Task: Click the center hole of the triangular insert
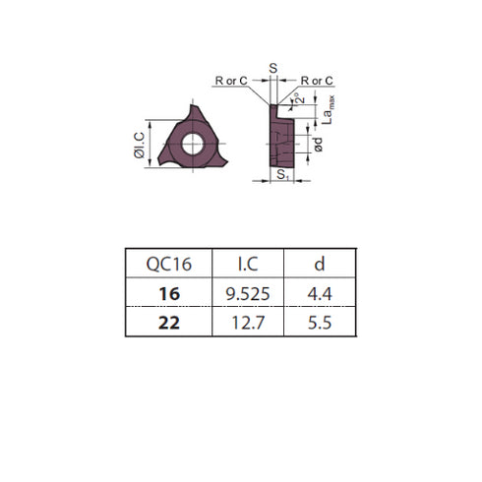coord(190,144)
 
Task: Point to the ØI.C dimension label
coord(140,146)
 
